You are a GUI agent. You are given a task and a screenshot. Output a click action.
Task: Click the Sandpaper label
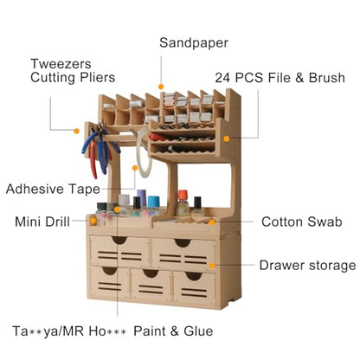point(194,43)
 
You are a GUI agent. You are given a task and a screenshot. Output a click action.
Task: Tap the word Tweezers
point(61,64)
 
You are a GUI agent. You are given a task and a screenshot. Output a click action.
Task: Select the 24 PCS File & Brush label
point(280,78)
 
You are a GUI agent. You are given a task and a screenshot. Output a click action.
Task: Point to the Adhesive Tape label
point(53,190)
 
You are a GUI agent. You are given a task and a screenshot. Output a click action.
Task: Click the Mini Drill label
point(42,222)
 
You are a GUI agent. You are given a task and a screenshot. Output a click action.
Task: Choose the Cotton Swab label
point(302,222)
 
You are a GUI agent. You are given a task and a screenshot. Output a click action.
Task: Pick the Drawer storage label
point(307,266)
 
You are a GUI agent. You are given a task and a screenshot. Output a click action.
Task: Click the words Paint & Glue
point(173,331)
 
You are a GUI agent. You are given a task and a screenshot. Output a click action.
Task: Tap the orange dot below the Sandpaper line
point(161,87)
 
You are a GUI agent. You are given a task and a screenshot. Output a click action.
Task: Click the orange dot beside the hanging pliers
point(76,131)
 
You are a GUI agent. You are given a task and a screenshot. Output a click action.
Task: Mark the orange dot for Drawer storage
point(212,266)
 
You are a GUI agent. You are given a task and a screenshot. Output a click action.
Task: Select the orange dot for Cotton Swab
point(212,222)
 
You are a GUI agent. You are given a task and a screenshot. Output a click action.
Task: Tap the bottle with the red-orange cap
point(183,203)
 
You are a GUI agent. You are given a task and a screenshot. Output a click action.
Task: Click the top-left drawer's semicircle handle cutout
point(119,240)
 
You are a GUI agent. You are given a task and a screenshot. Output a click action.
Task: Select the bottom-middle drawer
point(151,284)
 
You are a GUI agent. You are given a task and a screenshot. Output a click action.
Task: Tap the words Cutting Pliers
point(73,77)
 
